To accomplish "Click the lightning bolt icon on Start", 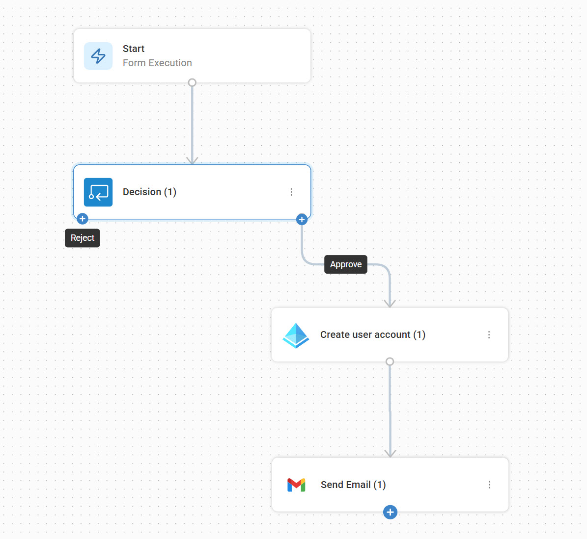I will [x=98, y=56].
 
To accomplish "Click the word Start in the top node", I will [x=134, y=49].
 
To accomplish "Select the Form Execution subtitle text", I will [x=157, y=63].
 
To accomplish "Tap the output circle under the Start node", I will [x=192, y=82].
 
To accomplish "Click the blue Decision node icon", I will [x=98, y=192].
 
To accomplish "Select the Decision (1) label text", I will [x=149, y=192].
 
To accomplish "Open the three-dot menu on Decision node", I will [x=291, y=192].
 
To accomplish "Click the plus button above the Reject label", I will [x=83, y=219].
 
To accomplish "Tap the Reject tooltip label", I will [x=83, y=238].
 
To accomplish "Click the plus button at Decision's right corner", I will [x=302, y=219].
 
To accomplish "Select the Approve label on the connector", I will [x=346, y=264].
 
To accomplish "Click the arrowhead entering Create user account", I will [x=390, y=303].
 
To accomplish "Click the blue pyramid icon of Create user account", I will [x=296, y=335].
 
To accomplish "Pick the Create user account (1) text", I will [x=372, y=334].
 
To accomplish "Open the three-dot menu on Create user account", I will [x=489, y=334].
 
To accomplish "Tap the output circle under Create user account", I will [x=390, y=361].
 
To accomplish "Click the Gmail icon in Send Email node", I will [x=296, y=485].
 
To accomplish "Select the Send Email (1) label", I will [x=353, y=485].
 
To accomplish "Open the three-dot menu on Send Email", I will [x=489, y=485].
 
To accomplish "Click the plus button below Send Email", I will [x=390, y=512].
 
